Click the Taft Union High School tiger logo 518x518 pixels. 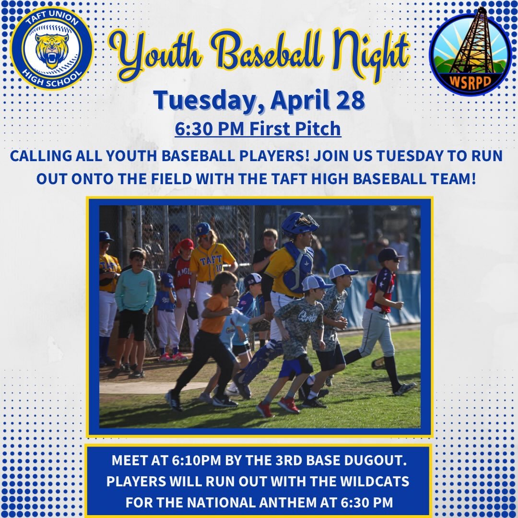point(51,48)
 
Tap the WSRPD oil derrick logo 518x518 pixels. point(470,51)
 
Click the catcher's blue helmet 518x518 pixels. point(298,224)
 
